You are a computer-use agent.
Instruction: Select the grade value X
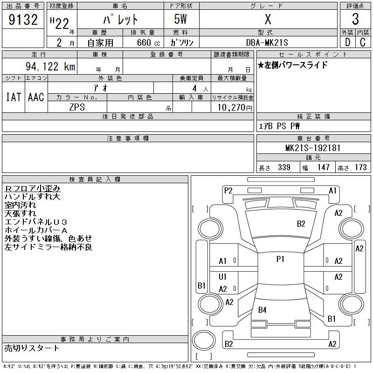coord(268,20)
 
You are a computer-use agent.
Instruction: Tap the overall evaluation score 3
coord(355,20)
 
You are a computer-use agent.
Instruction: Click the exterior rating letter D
coord(347,42)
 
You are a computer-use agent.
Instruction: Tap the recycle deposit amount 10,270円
coord(232,107)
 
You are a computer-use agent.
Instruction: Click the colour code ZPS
coord(77,107)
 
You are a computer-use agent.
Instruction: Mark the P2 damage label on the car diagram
coord(228,190)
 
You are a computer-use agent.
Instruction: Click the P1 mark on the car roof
coord(280,259)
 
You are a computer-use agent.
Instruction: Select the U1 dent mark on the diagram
coord(223,277)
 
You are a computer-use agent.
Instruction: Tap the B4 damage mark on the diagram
coord(262,310)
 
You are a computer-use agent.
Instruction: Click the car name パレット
coord(120,20)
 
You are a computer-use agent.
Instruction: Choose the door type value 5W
coord(181,20)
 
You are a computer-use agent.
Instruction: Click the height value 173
coord(360,167)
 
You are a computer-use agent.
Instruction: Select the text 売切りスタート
coord(32,348)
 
